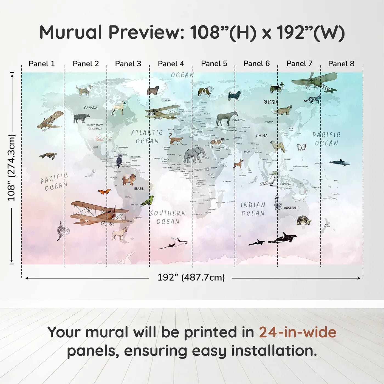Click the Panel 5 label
[214, 64]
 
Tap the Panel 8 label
[341, 64]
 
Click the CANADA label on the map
[91, 108]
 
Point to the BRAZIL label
[139, 189]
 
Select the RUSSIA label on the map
[270, 102]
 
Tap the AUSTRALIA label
[292, 208]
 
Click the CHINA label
[262, 136]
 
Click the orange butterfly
[105, 191]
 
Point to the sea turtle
[48, 156]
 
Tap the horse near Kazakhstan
[227, 118]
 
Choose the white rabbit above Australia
[300, 196]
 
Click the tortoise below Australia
[304, 220]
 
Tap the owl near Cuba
[119, 161]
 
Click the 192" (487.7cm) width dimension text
[191, 277]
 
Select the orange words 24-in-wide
[298, 332]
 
